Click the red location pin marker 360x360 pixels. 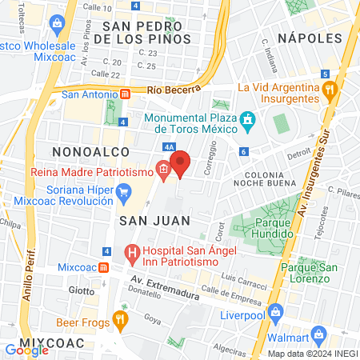tap(181, 162)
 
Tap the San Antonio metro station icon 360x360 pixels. tap(125, 94)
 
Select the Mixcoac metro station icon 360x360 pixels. tap(105, 266)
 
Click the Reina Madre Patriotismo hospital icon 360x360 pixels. tap(162, 169)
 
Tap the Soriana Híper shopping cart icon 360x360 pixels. tap(123, 191)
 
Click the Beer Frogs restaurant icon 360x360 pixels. tap(120, 321)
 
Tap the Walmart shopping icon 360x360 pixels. tap(318, 334)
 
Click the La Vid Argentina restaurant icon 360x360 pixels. tap(328, 90)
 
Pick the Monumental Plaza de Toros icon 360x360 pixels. tap(248, 122)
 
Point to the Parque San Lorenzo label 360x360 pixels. tap(305, 273)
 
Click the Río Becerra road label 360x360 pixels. tap(172, 91)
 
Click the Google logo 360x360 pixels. tap(27, 350)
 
